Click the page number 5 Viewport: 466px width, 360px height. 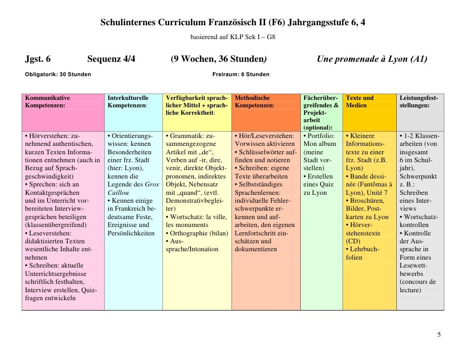438,335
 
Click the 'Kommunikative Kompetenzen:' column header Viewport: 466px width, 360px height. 47,102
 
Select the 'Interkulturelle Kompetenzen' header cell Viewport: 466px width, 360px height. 128,102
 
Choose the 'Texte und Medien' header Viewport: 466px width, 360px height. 360,102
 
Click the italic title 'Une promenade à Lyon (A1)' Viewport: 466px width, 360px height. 372,60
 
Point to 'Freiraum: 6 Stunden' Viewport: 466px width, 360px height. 240,74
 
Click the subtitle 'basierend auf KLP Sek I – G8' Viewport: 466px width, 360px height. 233,37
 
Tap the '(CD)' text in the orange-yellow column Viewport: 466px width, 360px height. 353,241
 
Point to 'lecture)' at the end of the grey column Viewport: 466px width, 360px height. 410,289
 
